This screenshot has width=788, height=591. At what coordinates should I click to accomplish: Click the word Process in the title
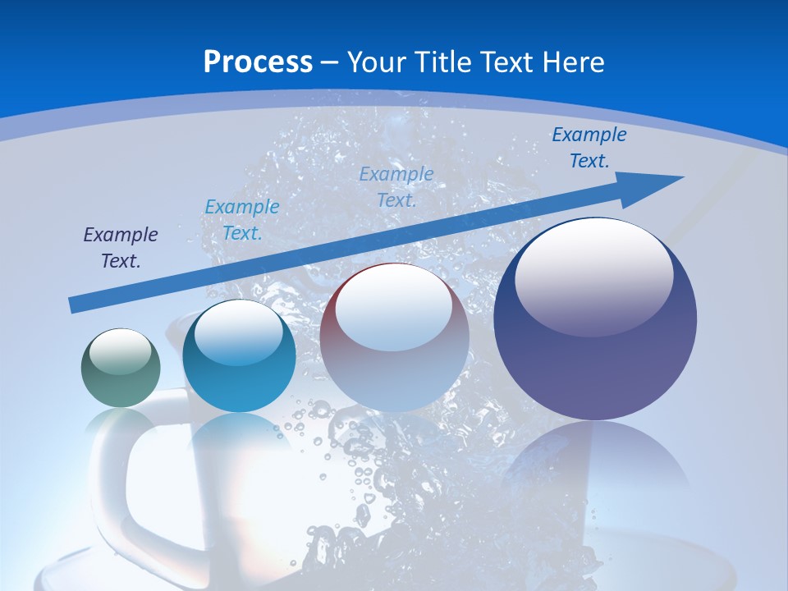coord(258,62)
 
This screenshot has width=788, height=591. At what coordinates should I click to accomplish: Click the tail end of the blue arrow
coord(74,305)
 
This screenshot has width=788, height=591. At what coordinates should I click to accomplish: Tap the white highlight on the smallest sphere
coord(121,352)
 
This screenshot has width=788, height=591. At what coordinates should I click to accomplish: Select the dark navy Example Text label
coord(121,248)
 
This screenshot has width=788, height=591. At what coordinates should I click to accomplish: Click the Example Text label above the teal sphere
coord(242,220)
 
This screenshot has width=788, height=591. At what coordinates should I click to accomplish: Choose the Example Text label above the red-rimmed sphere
coord(396,187)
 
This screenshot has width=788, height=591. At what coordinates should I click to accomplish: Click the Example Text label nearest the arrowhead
coord(589,148)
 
